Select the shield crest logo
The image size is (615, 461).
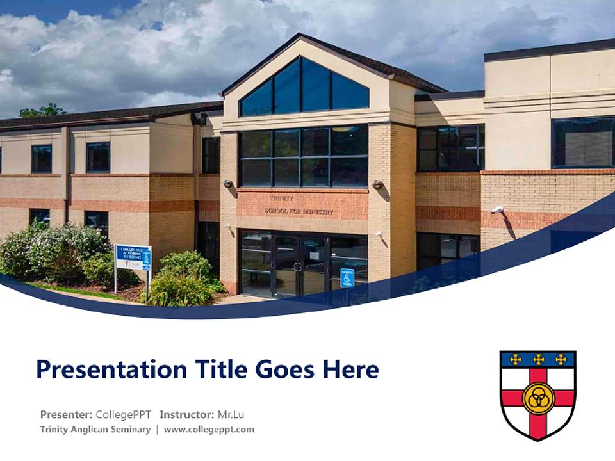click(x=537, y=394)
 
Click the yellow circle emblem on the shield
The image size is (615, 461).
click(x=537, y=398)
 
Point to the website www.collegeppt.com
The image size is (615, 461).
click(x=209, y=430)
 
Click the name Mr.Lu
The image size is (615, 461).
click(x=231, y=414)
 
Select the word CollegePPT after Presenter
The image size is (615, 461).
click(x=124, y=414)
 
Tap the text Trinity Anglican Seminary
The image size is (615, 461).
click(x=95, y=430)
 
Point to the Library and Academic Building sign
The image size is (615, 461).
click(x=133, y=257)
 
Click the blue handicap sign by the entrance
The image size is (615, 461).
click(x=347, y=278)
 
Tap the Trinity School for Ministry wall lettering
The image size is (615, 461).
click(x=300, y=206)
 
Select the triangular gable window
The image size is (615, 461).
click(x=305, y=88)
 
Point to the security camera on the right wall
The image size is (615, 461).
click(x=498, y=210)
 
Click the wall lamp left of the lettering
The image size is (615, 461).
click(x=228, y=184)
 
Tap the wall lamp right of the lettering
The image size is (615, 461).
click(x=377, y=184)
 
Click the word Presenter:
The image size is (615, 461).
click(x=67, y=414)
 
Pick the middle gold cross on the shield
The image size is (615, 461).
click(x=538, y=359)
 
